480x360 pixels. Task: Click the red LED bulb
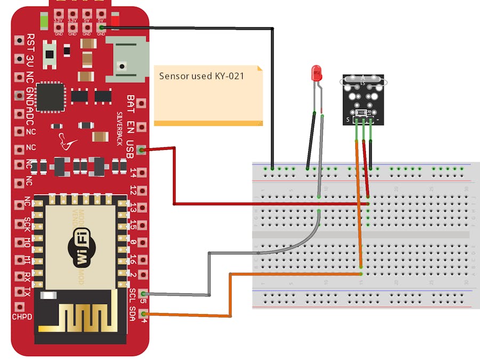pyautogui.click(x=317, y=73)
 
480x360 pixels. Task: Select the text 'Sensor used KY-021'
pyautogui.click(x=202, y=76)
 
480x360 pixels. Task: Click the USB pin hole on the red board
pyautogui.click(x=141, y=150)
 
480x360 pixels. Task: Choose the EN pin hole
pyautogui.click(x=141, y=127)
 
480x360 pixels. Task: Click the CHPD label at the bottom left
pyautogui.click(x=22, y=317)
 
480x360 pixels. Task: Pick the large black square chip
pyautogui.click(x=50, y=97)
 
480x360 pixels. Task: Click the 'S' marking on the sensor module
pyautogui.click(x=348, y=119)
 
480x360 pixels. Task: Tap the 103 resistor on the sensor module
pyautogui.click(x=360, y=113)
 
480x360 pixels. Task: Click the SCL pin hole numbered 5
pyautogui.click(x=142, y=293)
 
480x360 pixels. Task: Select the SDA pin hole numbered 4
pyautogui.click(x=142, y=315)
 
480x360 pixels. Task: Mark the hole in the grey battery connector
pyautogui.click(x=123, y=67)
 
